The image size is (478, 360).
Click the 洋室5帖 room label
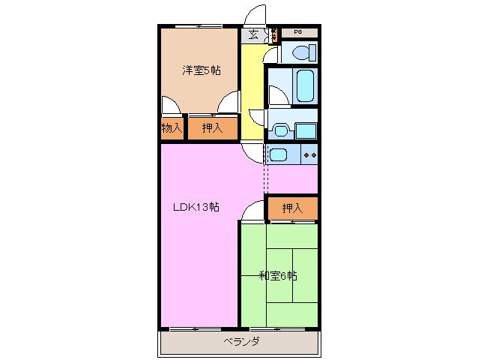click(200, 70)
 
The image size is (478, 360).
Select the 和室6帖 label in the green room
click(278, 276)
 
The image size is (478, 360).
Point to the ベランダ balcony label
click(240, 341)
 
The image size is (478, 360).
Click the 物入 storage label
click(172, 127)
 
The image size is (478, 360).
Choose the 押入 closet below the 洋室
click(212, 127)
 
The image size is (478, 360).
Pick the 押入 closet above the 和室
click(292, 208)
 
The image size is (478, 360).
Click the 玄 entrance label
click(254, 34)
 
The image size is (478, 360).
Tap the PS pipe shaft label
click(297, 32)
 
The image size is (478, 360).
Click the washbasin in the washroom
click(281, 130)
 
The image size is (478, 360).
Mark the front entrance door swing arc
click(256, 15)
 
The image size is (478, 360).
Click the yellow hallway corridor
click(252, 90)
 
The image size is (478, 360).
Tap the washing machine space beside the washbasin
click(306, 130)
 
